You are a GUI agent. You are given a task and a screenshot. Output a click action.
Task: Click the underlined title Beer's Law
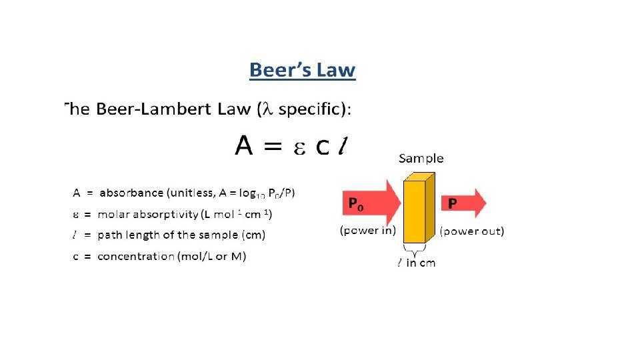point(302,69)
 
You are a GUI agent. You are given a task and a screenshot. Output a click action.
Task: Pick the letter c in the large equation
point(323,149)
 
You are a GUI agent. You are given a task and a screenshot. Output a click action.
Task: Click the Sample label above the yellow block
point(421,159)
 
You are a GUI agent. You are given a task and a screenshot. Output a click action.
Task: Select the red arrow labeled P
point(464,203)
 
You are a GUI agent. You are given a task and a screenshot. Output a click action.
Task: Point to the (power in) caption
point(369,231)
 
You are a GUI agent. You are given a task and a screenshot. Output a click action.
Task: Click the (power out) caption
point(472,231)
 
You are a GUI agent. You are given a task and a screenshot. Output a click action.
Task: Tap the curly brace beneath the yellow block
point(414,251)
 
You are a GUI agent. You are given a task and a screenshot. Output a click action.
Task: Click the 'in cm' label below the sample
point(421,263)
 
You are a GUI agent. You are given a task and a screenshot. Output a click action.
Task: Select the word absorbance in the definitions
point(131,193)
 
